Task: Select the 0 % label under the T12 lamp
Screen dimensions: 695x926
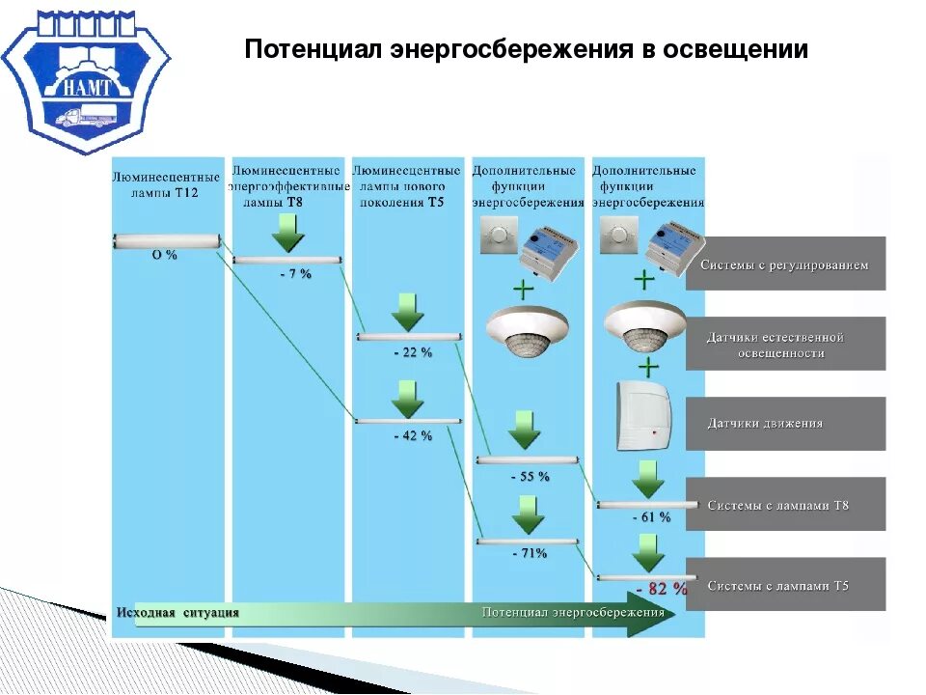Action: coord(165,255)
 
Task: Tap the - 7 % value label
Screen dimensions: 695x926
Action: coord(295,274)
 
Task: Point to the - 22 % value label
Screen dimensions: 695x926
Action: coord(413,352)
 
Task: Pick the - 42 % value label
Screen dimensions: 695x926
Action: coord(413,435)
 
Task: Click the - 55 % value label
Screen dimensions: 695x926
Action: coord(530,476)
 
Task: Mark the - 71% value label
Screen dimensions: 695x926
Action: coord(529,553)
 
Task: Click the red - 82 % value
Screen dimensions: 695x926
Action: coord(662,588)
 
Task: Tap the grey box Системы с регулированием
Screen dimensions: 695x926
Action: coord(785,264)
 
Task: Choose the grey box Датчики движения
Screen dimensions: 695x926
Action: coord(785,424)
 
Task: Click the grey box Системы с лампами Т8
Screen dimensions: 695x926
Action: coord(785,504)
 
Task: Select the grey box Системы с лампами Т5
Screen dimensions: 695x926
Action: coord(785,584)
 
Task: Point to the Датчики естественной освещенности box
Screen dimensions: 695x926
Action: coord(785,345)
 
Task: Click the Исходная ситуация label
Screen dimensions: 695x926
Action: coord(177,613)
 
